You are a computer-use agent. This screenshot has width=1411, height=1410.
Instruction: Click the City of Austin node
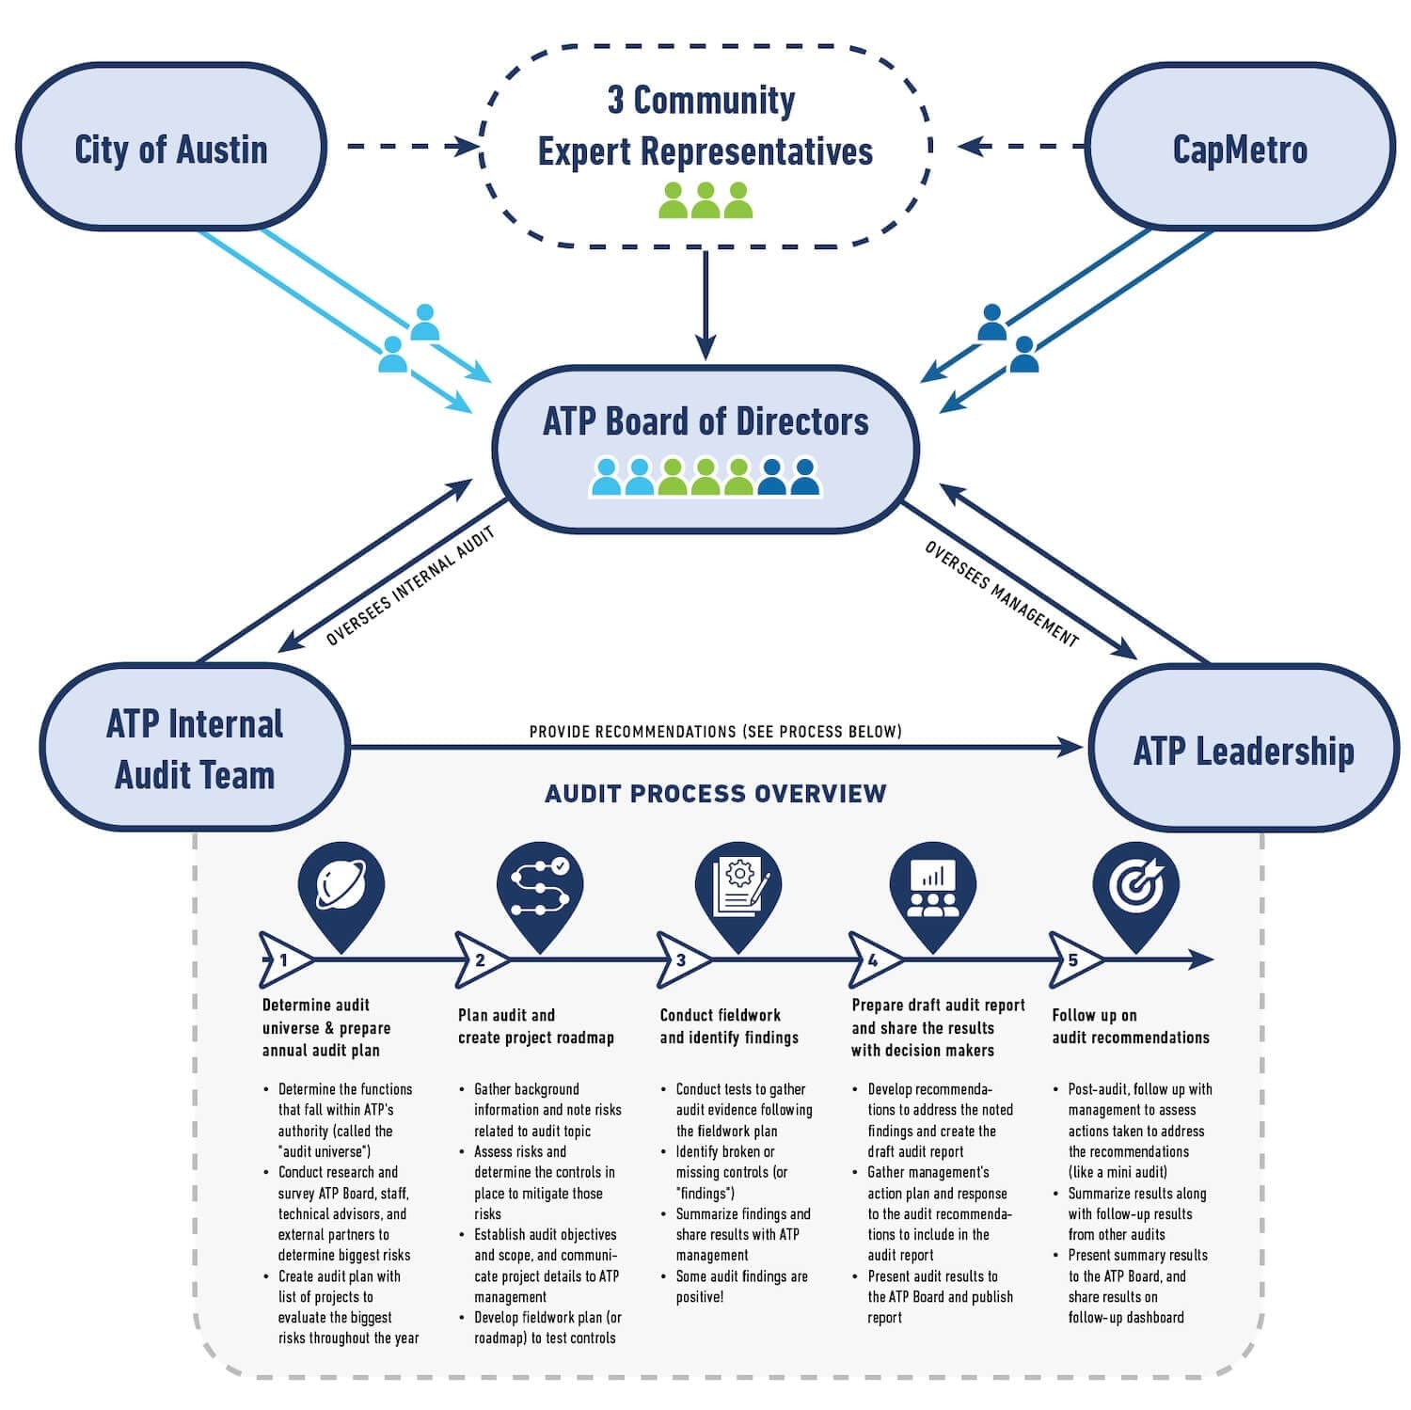point(170,149)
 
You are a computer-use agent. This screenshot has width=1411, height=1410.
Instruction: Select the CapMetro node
point(1240,149)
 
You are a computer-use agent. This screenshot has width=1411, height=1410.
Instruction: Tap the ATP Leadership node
point(1243,750)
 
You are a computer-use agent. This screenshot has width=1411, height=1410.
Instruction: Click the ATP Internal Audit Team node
point(195,749)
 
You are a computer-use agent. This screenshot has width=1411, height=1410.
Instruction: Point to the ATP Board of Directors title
point(705,421)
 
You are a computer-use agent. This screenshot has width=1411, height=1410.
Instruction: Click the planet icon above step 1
point(341,886)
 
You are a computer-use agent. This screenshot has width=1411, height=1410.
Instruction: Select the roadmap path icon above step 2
point(540,886)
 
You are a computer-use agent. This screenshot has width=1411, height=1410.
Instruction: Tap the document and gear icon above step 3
point(739,886)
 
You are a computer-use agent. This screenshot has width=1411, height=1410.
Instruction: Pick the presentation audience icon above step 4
point(932,886)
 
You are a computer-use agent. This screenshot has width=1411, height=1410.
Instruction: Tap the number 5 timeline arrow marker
point(1073,960)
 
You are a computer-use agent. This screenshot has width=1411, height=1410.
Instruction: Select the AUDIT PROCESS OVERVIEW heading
point(715,794)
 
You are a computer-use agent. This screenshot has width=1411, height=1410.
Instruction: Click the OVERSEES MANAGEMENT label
point(1001,594)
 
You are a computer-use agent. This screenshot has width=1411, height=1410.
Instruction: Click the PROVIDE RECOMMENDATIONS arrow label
point(715,731)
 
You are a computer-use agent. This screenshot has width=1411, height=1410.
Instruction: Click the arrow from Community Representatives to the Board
point(705,306)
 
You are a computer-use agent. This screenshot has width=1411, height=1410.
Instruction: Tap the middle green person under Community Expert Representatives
point(705,200)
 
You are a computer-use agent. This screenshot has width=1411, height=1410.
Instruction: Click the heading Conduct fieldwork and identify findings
point(728,1026)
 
